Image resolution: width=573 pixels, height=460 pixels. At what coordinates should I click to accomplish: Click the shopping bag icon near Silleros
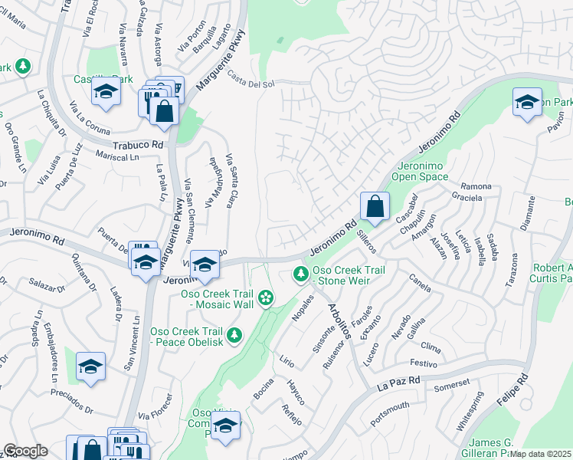(375, 206)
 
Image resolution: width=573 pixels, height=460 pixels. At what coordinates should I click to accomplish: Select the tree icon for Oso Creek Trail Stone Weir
(302, 274)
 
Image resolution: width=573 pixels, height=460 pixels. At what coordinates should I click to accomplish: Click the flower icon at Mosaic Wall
(266, 297)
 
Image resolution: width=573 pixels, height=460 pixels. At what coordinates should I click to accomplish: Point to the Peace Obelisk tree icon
(234, 334)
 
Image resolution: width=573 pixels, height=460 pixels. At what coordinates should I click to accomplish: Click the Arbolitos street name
(339, 321)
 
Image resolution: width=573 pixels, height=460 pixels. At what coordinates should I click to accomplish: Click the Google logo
(25, 451)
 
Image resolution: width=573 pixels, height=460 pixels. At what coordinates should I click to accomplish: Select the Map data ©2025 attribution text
(541, 454)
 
